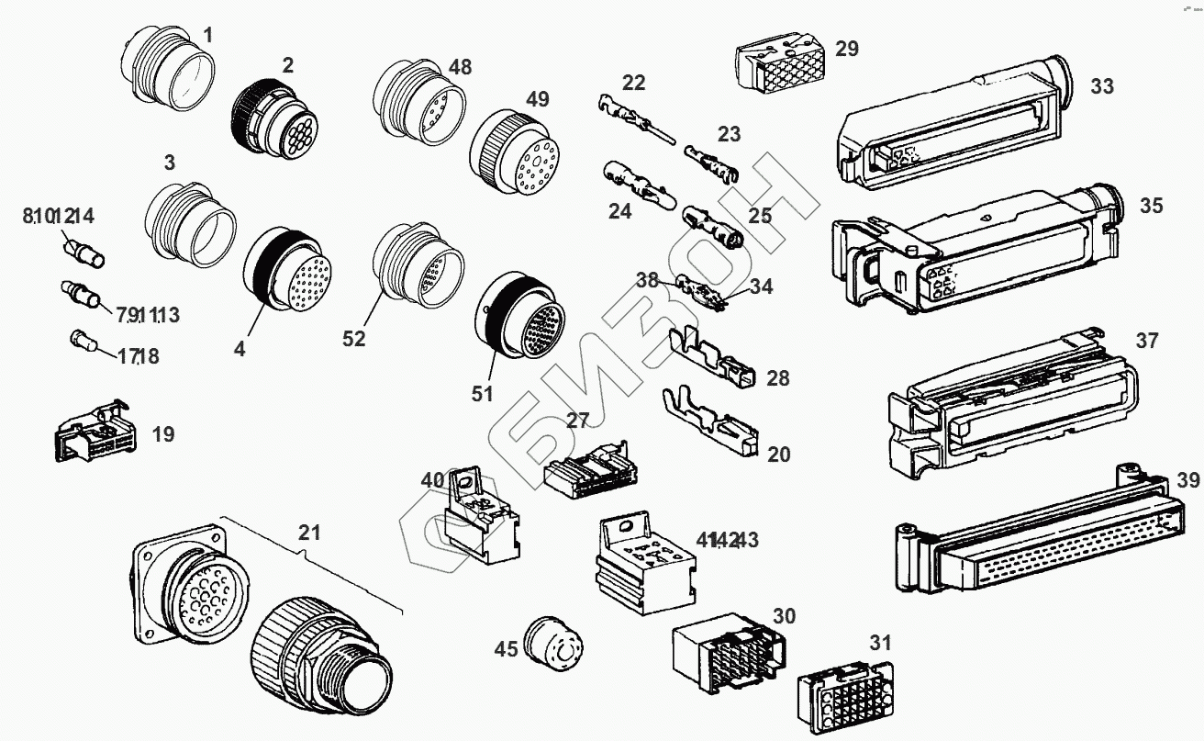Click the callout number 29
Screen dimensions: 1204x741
point(846,49)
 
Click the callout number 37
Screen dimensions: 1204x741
point(1146,341)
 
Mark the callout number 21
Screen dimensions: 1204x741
point(310,533)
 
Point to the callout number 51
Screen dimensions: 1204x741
point(483,394)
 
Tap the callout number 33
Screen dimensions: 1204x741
point(1102,86)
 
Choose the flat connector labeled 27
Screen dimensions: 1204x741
point(588,468)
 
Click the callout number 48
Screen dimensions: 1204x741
point(460,67)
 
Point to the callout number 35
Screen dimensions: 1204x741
point(1151,206)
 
